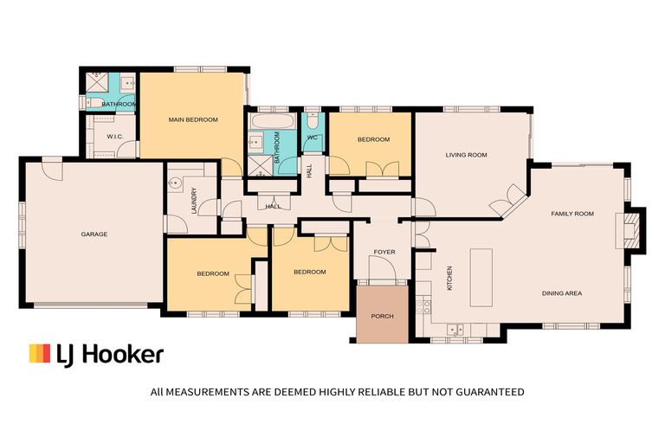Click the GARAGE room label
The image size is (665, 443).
pyautogui.click(x=94, y=234)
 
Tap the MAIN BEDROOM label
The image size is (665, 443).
pyautogui.click(x=193, y=119)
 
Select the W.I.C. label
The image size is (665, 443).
pyautogui.click(x=118, y=137)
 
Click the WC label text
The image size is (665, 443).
pyautogui.click(x=313, y=137)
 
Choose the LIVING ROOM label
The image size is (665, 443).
pyautogui.click(x=466, y=156)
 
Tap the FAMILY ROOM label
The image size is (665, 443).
pyautogui.click(x=572, y=213)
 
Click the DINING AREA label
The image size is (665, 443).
pyautogui.click(x=561, y=293)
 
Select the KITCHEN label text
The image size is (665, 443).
pyautogui.click(x=449, y=278)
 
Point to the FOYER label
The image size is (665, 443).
pyautogui.click(x=384, y=253)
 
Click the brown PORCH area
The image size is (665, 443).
pyautogui.click(x=382, y=315)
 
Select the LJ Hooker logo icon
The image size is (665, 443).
pyautogui.click(x=40, y=353)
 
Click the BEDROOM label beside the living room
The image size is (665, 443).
pyautogui.click(x=373, y=139)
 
